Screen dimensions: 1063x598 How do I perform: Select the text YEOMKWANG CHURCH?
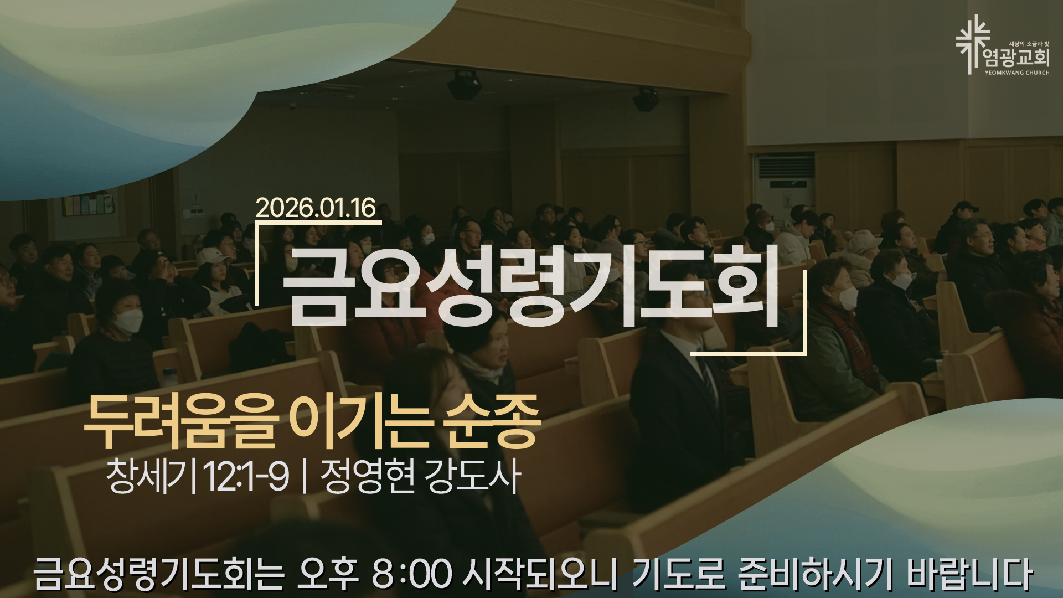pos(1017,73)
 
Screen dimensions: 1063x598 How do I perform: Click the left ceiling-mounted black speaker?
pos(464,85)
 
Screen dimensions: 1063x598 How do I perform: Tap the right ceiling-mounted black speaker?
pos(646,99)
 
